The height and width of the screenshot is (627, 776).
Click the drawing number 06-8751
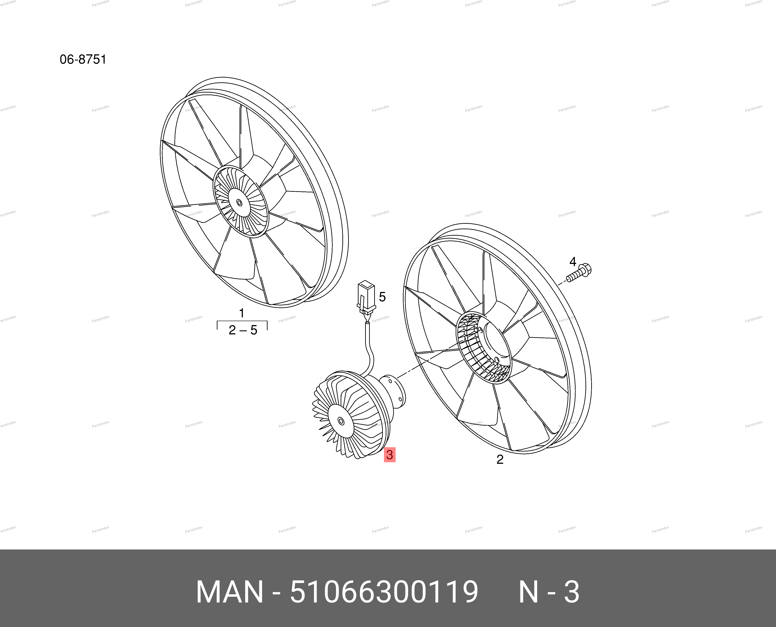click(83, 59)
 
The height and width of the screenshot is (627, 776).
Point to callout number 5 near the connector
click(382, 297)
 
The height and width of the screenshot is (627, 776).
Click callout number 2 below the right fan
click(500, 459)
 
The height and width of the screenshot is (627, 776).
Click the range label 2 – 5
click(243, 330)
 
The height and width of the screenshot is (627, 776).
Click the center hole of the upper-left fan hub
click(239, 202)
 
